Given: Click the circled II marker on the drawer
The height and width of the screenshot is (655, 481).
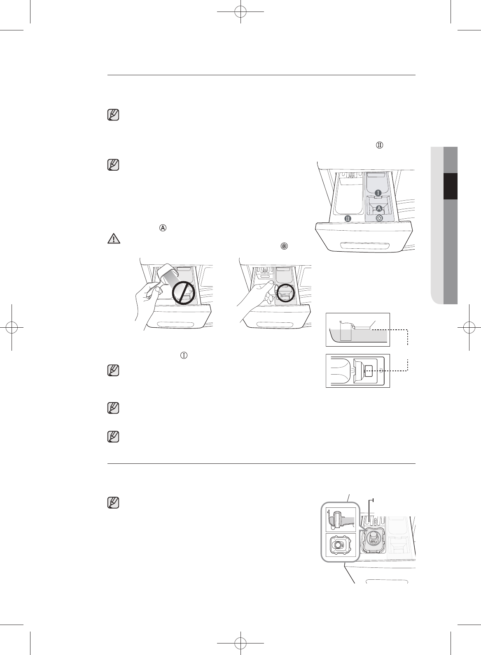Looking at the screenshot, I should [348, 218].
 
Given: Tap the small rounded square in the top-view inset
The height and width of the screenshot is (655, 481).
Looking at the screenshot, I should [369, 370].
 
